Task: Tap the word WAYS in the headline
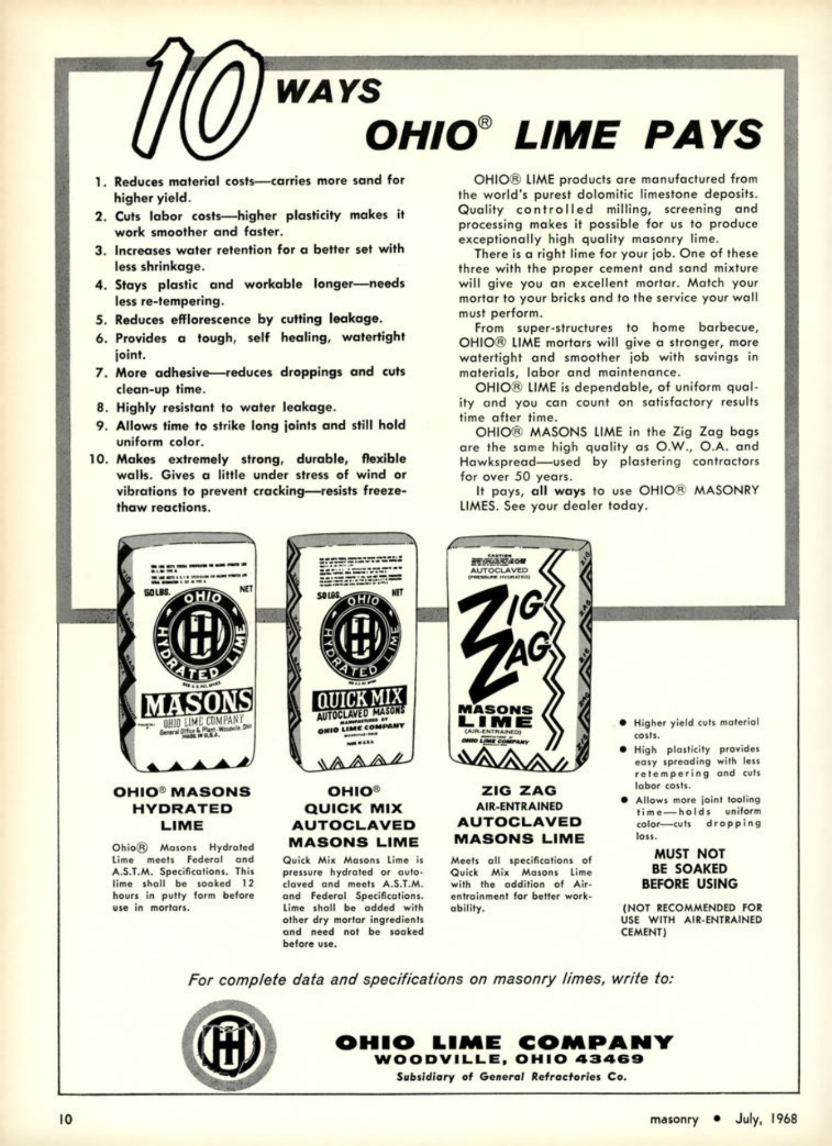(x=330, y=91)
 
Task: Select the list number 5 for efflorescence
(x=100, y=320)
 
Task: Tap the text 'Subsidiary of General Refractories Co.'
(x=511, y=1077)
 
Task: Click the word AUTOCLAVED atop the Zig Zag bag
(x=500, y=570)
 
